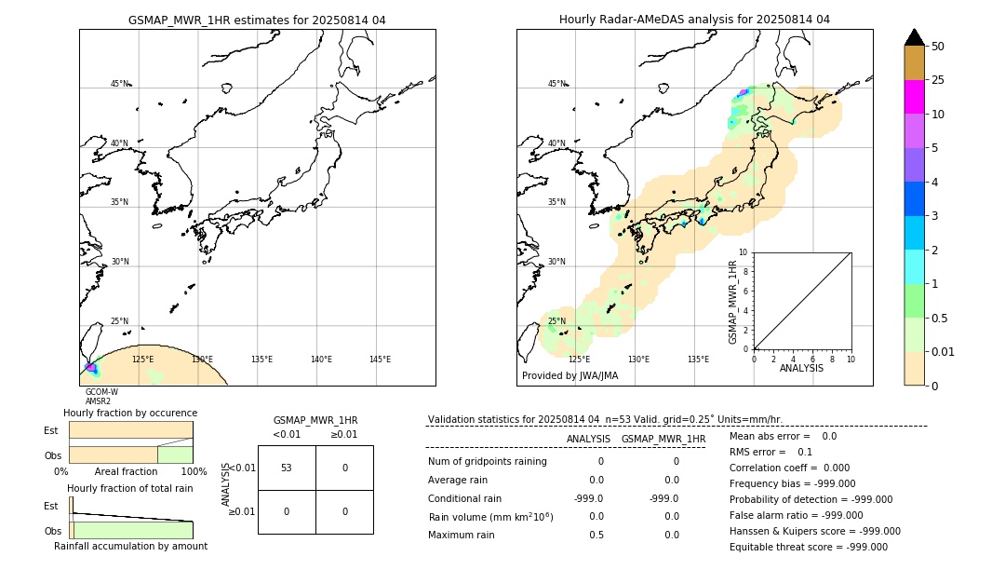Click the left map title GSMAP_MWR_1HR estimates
[x=257, y=20]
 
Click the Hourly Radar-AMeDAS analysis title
[x=694, y=20]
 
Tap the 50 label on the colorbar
[x=938, y=47]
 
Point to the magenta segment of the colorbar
[x=914, y=98]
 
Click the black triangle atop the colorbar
[x=914, y=37]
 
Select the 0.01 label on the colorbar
[x=944, y=352]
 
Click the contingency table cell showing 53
[x=287, y=468]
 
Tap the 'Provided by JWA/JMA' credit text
[x=569, y=376]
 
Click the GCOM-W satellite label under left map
[x=101, y=392]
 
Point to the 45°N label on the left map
[x=119, y=84]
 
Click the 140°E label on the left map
[x=321, y=360]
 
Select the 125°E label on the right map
[x=579, y=360]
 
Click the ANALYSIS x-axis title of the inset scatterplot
[x=801, y=368]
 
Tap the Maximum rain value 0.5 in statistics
[x=596, y=535]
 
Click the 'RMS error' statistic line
[x=771, y=452]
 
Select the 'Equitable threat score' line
[x=808, y=547]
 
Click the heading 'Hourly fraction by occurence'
[x=130, y=413]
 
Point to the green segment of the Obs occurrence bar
[x=175, y=455]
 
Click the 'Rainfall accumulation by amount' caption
[x=130, y=546]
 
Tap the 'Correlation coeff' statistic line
[x=789, y=468]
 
